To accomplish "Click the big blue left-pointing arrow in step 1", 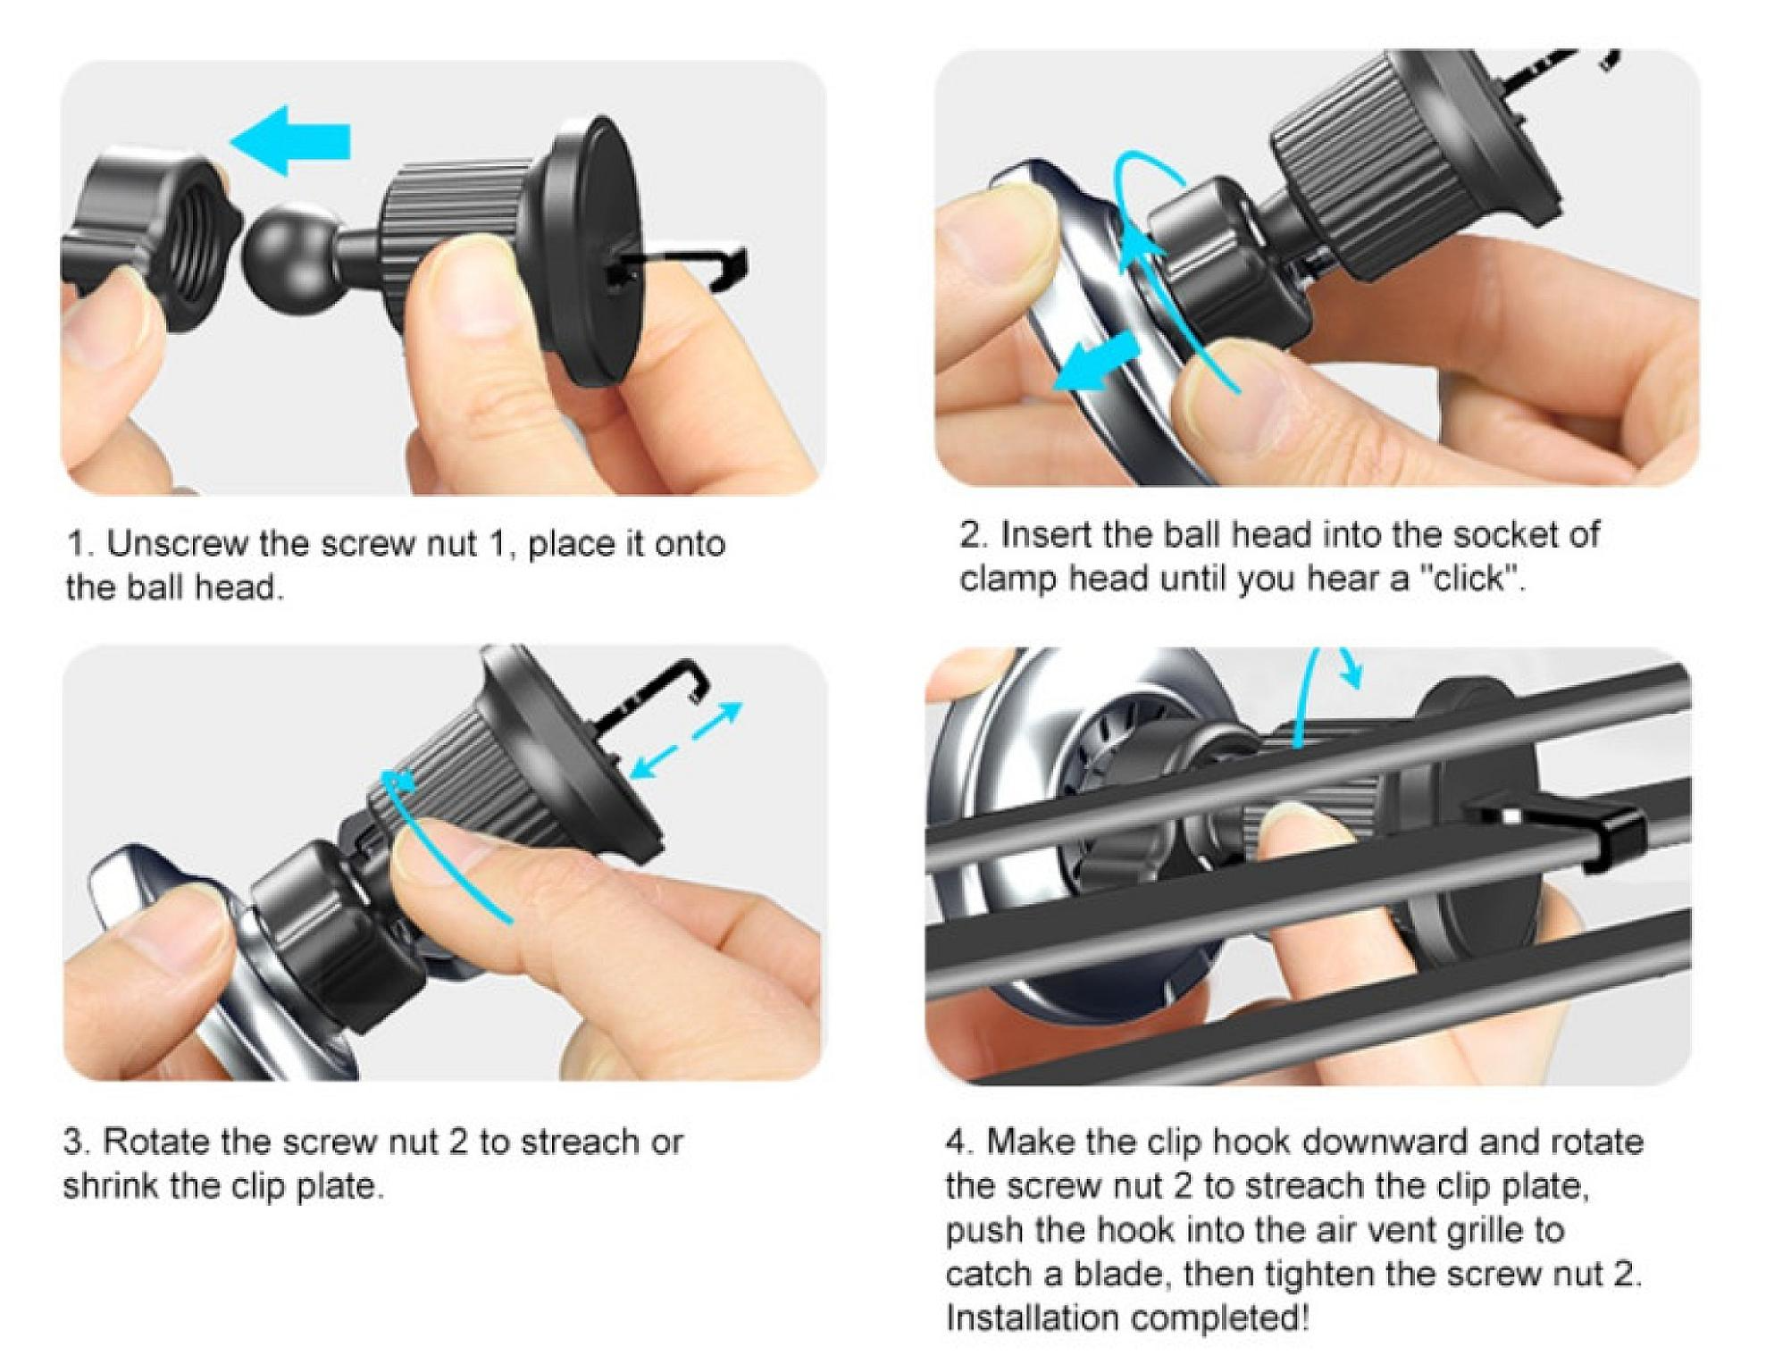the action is tap(291, 140).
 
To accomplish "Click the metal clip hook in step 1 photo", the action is tap(689, 266).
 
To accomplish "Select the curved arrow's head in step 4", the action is tap(1350, 673).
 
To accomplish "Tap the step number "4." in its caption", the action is tap(960, 1142).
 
